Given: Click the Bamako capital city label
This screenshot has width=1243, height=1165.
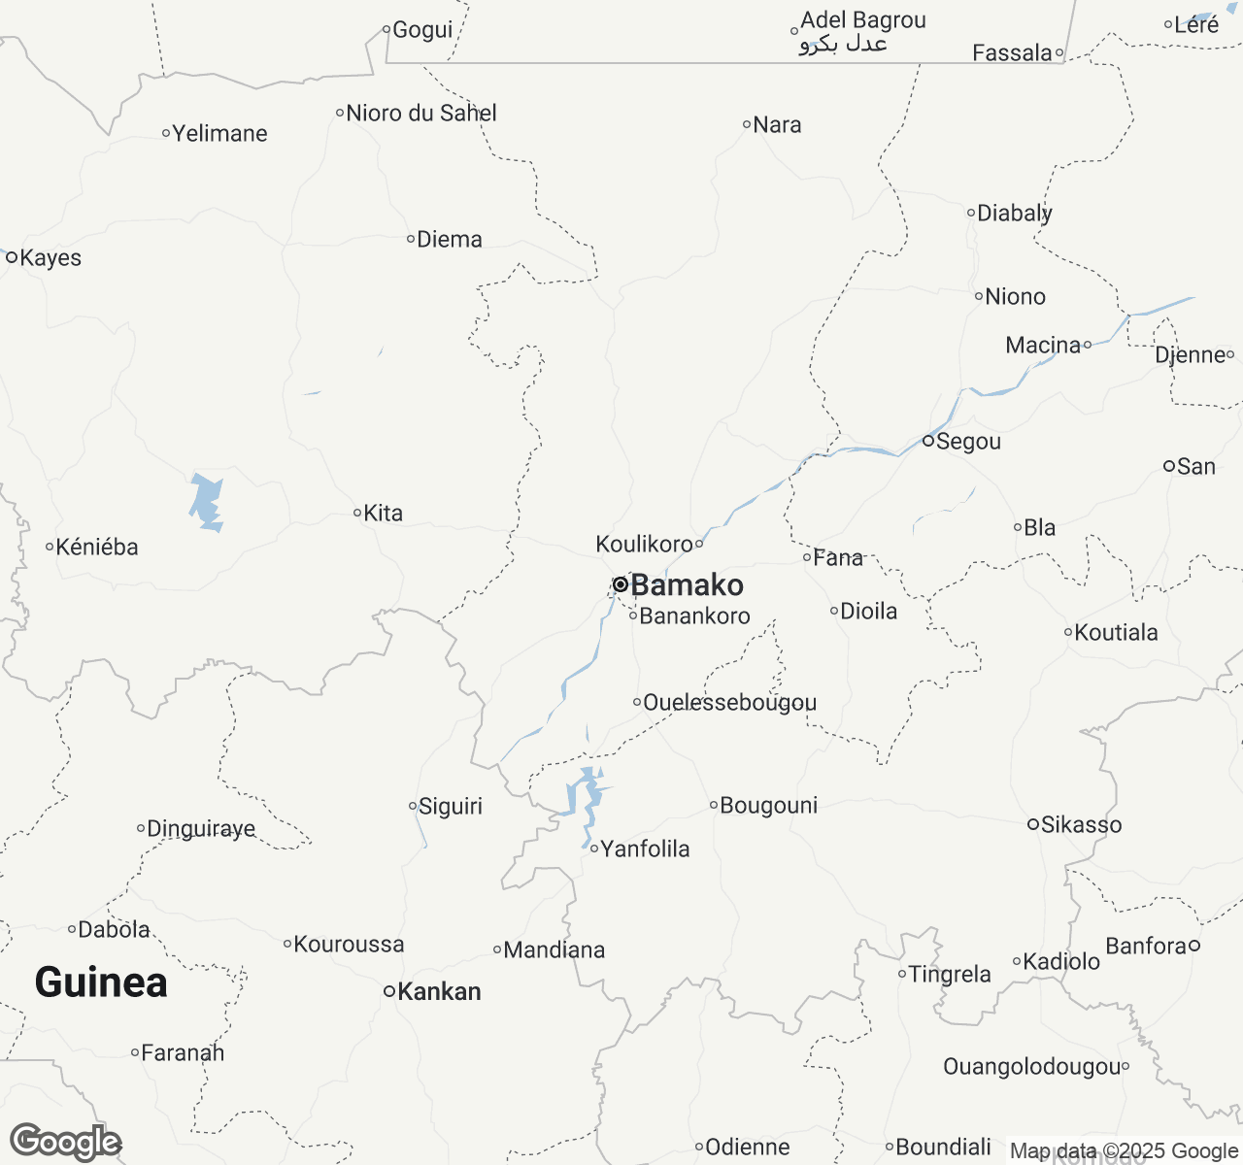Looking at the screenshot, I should tap(687, 584).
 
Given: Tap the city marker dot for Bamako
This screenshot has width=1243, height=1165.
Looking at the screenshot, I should tap(620, 584).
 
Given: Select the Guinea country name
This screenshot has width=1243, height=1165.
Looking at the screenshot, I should tap(101, 982).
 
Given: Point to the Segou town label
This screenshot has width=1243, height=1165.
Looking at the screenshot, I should tap(967, 442).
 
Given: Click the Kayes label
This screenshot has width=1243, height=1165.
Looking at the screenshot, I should tap(50, 258).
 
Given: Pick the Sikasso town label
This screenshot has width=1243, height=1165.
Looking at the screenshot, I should tap(1081, 825).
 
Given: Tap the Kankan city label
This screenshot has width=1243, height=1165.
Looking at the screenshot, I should tap(439, 991).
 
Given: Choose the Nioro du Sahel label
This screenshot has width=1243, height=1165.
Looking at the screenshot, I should tap(421, 114).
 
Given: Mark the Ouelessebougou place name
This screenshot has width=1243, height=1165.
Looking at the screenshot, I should tap(729, 702).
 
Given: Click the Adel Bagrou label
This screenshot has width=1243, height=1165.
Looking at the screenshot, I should tap(862, 20).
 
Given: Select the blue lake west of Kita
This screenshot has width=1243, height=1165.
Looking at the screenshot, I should tap(207, 502).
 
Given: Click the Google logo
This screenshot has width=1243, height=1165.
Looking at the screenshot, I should tap(65, 1142).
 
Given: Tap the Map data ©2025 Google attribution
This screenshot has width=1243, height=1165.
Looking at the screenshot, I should tap(1124, 1151).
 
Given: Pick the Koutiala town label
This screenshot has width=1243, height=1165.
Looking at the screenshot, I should tap(1116, 633).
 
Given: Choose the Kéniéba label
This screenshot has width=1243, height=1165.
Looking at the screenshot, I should tap(96, 548).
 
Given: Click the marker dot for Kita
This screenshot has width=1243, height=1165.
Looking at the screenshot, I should tap(357, 513).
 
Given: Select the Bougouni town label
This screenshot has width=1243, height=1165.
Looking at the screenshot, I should tap(768, 806).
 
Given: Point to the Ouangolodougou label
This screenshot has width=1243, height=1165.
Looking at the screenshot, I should tap(1031, 1067).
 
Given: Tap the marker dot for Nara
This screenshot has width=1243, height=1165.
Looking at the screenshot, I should tap(747, 124).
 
